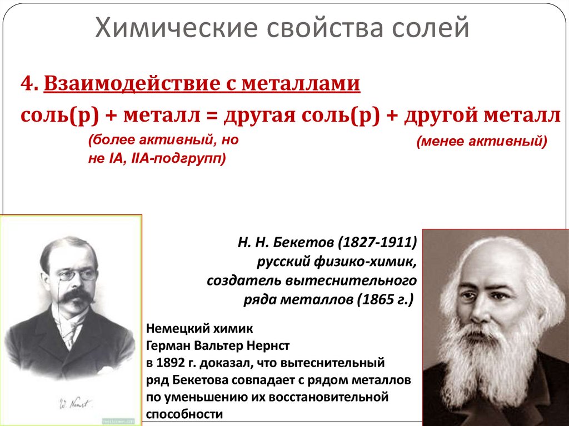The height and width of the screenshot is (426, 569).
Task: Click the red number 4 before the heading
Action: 26,84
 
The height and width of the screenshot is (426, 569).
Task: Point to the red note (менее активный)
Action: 482,142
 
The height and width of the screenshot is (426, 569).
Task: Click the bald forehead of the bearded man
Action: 489,261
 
